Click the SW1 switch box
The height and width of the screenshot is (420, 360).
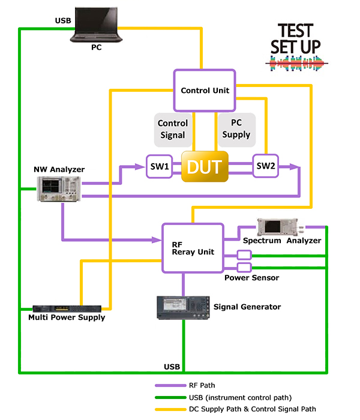pyautogui.click(x=159, y=166)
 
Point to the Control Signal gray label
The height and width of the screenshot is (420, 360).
pyautogui.click(x=173, y=130)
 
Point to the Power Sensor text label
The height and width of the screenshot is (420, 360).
pyautogui.click(x=251, y=278)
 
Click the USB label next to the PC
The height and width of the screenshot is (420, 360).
pyautogui.click(x=62, y=21)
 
